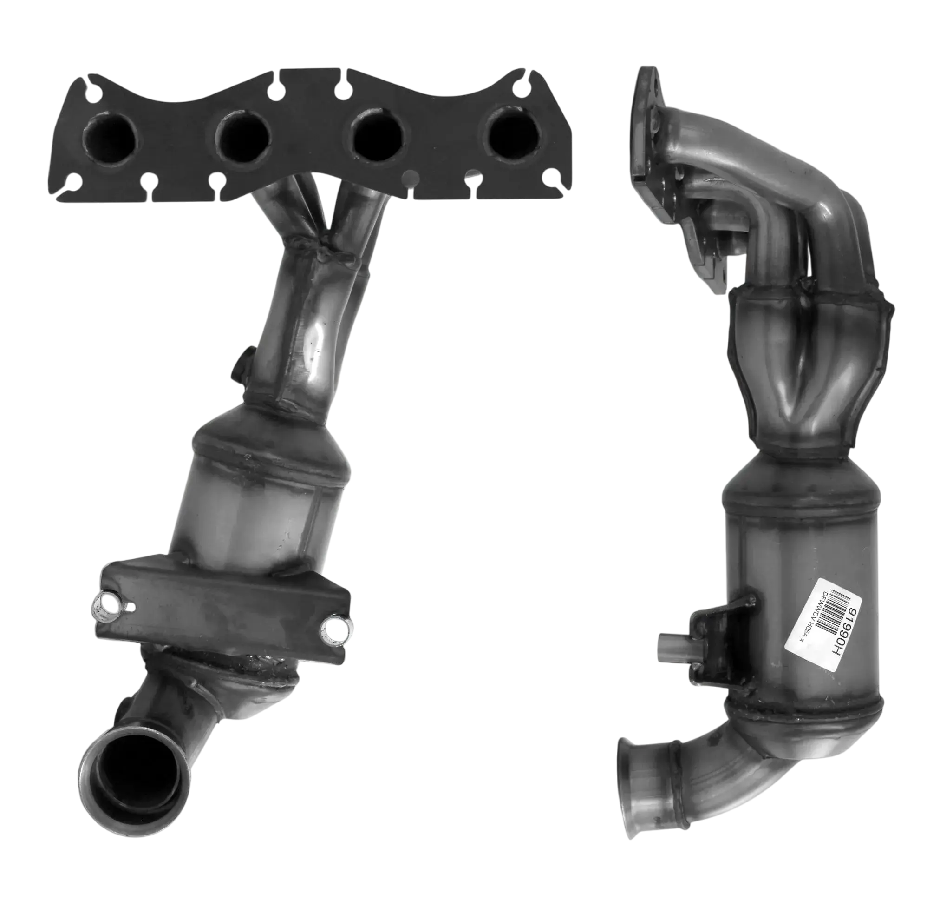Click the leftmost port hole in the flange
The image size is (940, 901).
(109, 138)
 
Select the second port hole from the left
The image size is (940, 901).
(243, 134)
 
